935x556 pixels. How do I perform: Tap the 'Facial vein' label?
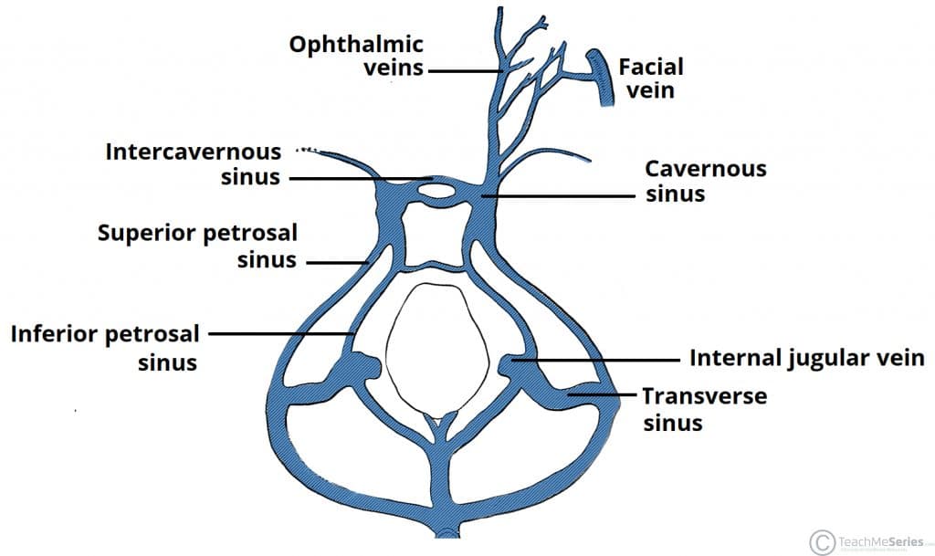(650, 78)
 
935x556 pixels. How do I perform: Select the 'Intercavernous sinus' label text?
(193, 163)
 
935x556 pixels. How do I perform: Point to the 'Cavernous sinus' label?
(705, 181)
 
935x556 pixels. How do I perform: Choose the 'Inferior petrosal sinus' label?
(105, 347)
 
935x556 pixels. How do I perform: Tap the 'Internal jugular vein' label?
(807, 357)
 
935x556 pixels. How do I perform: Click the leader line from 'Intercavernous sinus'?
(361, 179)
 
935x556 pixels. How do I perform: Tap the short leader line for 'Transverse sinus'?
(601, 395)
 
